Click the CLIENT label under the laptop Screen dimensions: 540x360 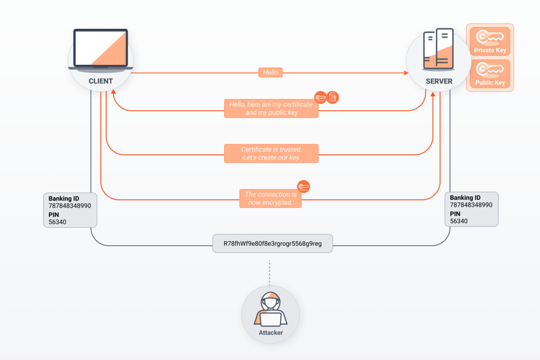[x=101, y=81]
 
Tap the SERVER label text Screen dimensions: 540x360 [x=439, y=81]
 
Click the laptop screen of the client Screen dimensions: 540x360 [x=101, y=47]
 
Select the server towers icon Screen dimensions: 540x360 [x=438, y=49]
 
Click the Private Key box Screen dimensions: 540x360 [x=490, y=41]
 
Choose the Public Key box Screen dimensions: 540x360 [x=490, y=74]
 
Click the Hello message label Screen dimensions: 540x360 [x=271, y=72]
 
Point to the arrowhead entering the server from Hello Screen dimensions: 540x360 [x=406, y=73]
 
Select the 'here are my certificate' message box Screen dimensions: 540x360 [x=271, y=109]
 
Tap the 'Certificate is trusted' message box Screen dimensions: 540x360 [x=271, y=153]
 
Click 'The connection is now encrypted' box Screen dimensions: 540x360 [x=271, y=199]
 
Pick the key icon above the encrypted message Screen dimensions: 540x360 [x=303, y=186]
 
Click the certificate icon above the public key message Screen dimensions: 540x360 [x=333, y=97]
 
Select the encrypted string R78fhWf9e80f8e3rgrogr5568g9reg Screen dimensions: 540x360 [x=273, y=244]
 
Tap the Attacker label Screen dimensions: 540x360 [x=271, y=333]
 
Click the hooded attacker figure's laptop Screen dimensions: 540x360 [x=271, y=319]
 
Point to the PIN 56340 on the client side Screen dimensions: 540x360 [x=57, y=222]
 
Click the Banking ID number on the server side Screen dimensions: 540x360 [x=470, y=205]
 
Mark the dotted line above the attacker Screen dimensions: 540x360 [x=269, y=272]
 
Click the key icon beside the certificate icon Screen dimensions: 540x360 [x=320, y=97]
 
